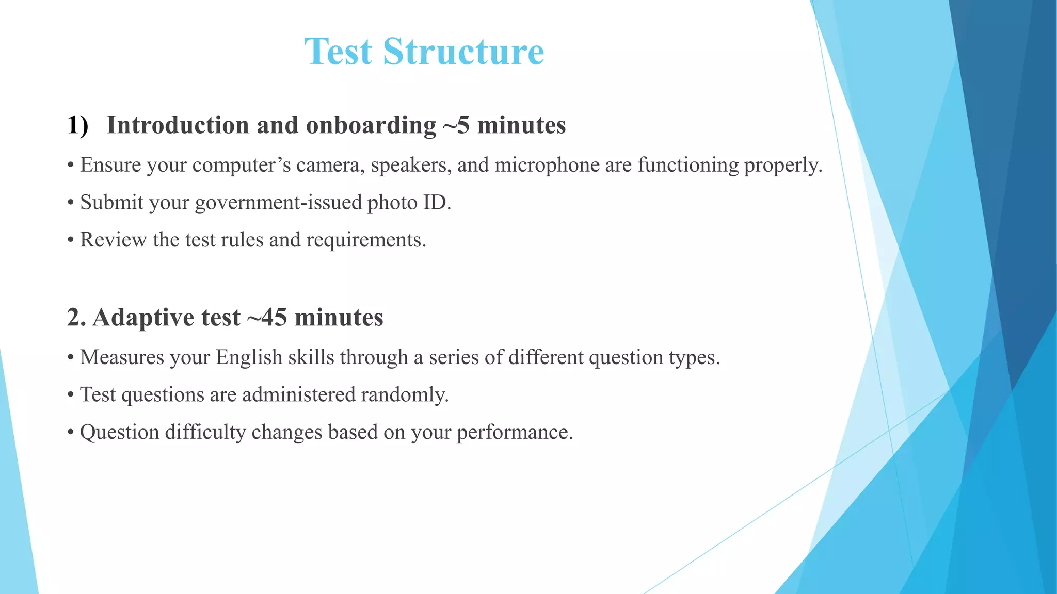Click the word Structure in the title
tap(463, 52)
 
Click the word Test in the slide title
tap(338, 52)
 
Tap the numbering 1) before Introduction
tap(77, 125)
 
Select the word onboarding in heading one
tap(371, 125)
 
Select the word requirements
tap(366, 240)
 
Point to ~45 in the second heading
tap(267, 317)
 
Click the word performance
tap(515, 432)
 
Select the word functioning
tap(688, 165)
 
